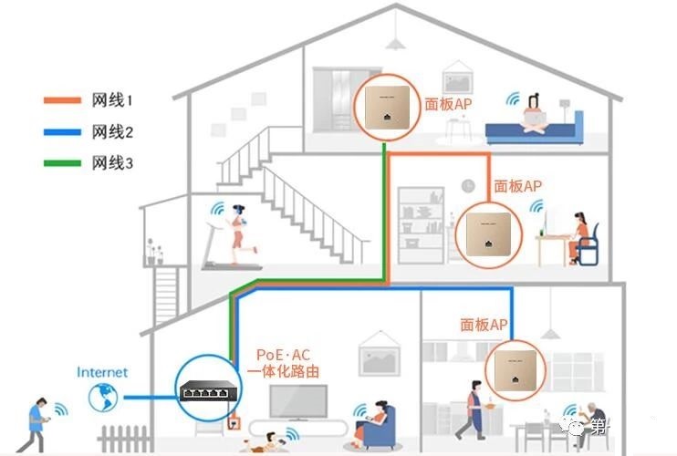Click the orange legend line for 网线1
(x=63, y=99)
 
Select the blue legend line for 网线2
(x=63, y=131)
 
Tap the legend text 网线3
(x=114, y=163)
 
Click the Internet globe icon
(x=104, y=397)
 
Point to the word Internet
(x=102, y=372)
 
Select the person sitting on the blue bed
(x=535, y=111)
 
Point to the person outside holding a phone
(x=37, y=423)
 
